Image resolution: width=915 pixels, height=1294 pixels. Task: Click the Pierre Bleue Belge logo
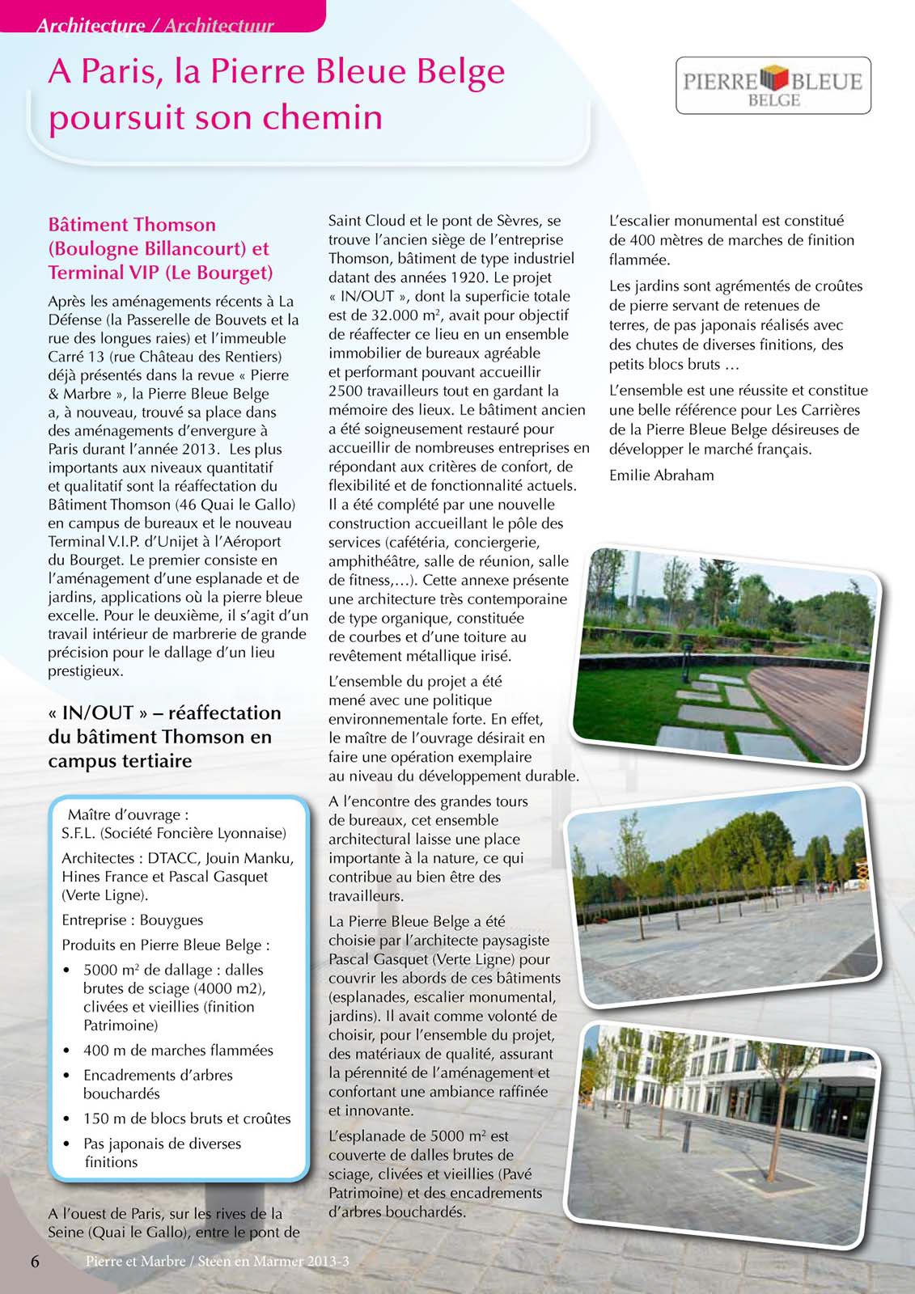773,85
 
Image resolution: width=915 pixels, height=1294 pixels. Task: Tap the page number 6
35,1261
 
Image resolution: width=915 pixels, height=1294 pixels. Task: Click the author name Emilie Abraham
661,475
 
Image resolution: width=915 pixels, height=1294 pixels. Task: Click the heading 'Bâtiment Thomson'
132,225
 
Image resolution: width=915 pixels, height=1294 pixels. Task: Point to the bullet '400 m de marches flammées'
178,1051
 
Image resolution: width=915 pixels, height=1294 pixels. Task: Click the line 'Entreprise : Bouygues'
132,920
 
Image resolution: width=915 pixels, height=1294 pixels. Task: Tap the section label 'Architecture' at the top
90,26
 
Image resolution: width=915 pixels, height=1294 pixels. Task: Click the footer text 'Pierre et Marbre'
135,1262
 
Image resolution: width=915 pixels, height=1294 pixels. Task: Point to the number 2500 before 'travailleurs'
345,391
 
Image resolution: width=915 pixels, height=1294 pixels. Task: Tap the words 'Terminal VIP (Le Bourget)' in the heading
160,272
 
